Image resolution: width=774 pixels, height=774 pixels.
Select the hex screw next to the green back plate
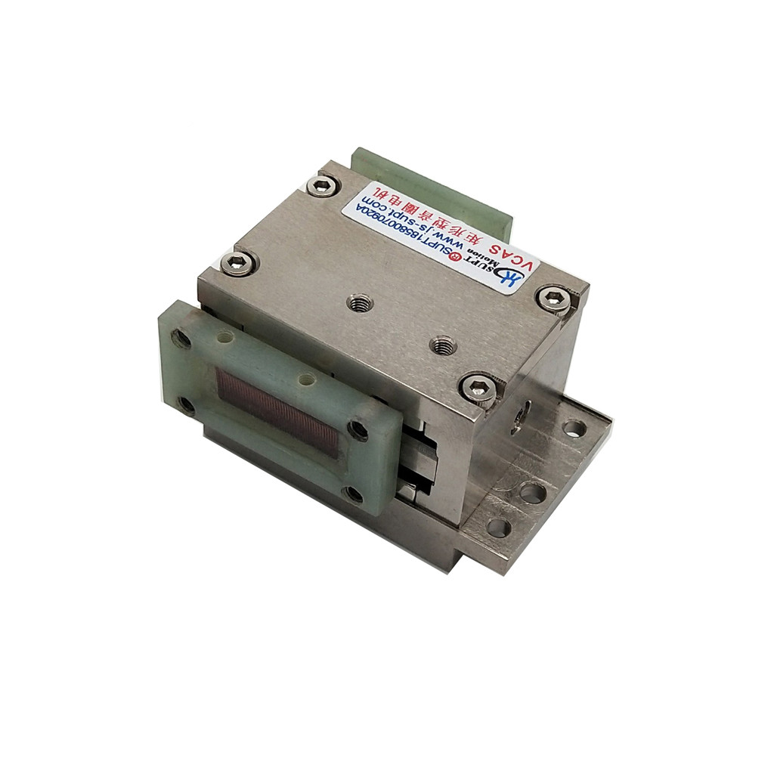324,184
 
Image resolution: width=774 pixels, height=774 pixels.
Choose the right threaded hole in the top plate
442,346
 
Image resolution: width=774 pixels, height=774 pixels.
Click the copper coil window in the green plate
277,409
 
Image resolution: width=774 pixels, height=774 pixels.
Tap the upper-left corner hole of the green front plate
181,338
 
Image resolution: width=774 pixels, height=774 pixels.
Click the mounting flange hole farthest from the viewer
574,429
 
